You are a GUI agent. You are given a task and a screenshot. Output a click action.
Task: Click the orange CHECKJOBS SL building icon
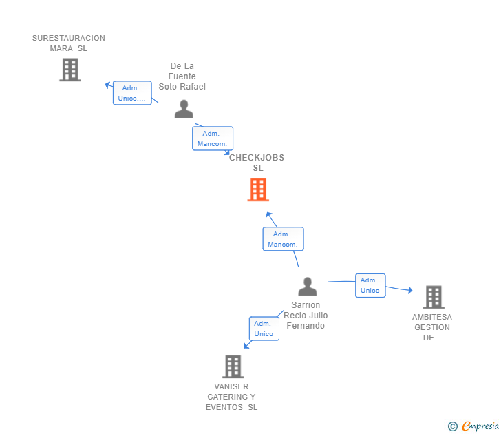[258, 189]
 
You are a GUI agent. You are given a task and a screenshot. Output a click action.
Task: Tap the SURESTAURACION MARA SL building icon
[70, 70]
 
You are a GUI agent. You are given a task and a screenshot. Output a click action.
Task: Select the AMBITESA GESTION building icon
[433, 297]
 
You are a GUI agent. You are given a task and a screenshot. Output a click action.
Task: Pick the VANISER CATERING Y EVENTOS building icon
[233, 366]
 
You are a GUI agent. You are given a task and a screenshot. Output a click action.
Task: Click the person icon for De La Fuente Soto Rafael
[184, 109]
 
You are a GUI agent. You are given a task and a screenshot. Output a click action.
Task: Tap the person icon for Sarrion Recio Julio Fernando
[307, 286]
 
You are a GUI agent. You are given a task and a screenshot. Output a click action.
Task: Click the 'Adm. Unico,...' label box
[132, 93]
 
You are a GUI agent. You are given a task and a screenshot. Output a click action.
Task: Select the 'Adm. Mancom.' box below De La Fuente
[213, 138]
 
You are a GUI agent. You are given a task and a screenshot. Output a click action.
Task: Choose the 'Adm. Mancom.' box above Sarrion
[283, 239]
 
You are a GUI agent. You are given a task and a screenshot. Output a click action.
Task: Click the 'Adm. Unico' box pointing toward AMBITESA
[370, 285]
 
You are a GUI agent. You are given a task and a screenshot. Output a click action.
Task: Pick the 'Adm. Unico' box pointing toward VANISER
[264, 329]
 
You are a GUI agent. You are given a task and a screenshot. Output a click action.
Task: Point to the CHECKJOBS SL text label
[257, 163]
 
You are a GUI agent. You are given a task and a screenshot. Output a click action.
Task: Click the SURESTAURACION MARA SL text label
[69, 43]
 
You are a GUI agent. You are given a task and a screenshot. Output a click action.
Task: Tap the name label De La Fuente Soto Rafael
[182, 76]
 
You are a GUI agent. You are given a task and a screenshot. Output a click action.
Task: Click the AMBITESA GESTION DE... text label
[432, 327]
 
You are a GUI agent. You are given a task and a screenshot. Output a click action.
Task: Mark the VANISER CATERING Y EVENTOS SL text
[231, 397]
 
